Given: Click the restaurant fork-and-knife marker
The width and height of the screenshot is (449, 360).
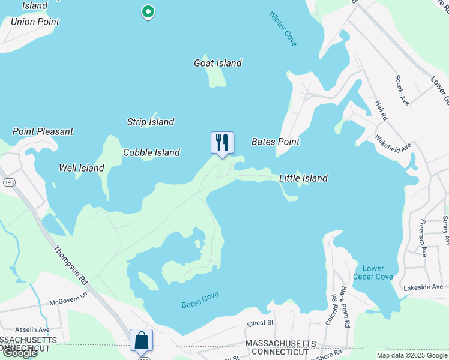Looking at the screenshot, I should (222, 143).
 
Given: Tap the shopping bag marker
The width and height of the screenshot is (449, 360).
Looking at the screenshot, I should (141, 340).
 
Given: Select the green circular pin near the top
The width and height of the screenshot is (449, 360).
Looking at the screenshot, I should (148, 11).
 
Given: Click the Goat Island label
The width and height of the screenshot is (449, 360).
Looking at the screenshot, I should (218, 63).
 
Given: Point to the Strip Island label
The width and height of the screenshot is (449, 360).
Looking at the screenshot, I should (151, 122).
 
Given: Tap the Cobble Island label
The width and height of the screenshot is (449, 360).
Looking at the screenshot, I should (151, 152).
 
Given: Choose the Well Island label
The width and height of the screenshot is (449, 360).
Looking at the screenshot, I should (82, 168).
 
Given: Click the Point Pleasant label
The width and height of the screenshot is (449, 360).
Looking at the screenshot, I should (43, 131).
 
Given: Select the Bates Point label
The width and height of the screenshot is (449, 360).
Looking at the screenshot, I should (275, 142).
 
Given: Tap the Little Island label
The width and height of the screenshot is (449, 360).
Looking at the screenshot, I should (303, 178).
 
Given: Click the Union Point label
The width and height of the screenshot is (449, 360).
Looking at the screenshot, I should (35, 22).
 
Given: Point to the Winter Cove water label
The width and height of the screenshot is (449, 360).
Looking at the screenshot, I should (283, 28).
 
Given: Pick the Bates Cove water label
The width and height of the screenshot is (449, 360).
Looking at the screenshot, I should (200, 300).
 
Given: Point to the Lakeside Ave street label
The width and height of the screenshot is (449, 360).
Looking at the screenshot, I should (423, 287).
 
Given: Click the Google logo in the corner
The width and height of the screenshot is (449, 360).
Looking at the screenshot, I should (19, 353).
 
